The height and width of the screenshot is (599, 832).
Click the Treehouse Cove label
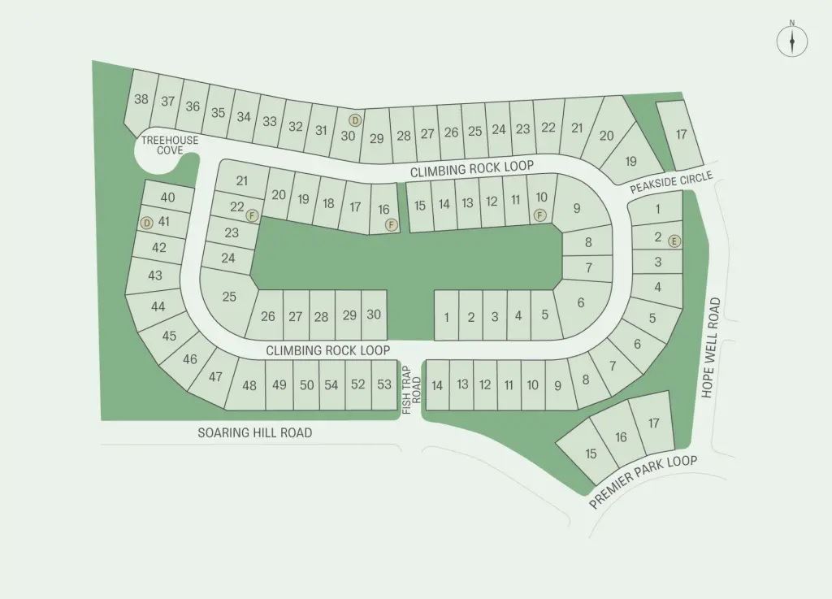coord(170,145)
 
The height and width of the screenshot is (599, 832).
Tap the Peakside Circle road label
coord(672,184)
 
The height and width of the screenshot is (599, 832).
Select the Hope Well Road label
coord(712,348)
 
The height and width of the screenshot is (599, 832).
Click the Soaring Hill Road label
coord(254,433)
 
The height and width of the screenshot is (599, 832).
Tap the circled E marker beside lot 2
coord(674,241)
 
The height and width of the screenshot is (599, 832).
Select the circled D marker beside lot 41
coord(146,223)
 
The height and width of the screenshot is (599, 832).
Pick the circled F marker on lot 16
coord(392,225)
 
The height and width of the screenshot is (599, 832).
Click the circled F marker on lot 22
coord(253,215)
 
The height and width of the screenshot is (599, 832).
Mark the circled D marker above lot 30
coord(354,120)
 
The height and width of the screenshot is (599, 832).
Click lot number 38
coord(141,99)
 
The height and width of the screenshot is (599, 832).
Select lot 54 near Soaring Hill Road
coord(331,384)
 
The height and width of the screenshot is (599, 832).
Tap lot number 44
coord(158,306)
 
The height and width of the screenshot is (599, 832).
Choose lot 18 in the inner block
coord(328,203)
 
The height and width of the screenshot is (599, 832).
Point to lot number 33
coord(270,122)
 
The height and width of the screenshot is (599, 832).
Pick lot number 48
coord(249,385)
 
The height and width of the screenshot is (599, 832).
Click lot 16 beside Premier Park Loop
coord(622,437)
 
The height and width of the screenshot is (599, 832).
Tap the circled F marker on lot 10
coord(539,215)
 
